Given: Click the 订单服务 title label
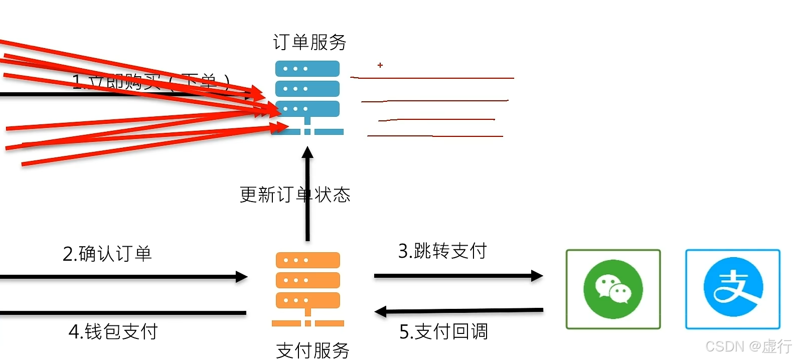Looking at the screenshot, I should tap(309, 43).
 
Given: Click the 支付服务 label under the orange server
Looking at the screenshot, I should tap(312, 350).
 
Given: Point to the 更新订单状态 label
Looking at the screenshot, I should tap(295, 195).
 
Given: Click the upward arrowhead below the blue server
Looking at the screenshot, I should tap(307, 152).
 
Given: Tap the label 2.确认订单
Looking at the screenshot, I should tap(107, 254).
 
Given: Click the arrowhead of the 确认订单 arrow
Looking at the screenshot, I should tap(242, 277).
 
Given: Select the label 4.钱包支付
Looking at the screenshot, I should tap(113, 331).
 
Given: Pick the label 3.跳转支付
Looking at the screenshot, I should tap(442, 251).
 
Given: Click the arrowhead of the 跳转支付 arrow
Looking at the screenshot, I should tap(537, 276).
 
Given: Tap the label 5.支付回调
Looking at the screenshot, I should tap(443, 331).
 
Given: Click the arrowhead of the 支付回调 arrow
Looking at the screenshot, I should tap(380, 312).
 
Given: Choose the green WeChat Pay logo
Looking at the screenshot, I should tap(613, 289).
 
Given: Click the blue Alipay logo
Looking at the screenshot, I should tap(733, 289).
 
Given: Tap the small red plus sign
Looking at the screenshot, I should tap(380, 65).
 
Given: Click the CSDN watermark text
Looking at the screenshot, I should tap(748, 346).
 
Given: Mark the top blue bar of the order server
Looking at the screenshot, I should tap(307, 69).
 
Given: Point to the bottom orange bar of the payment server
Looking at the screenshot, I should tap(307, 300).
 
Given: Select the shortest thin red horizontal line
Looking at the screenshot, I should tap(436, 120).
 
